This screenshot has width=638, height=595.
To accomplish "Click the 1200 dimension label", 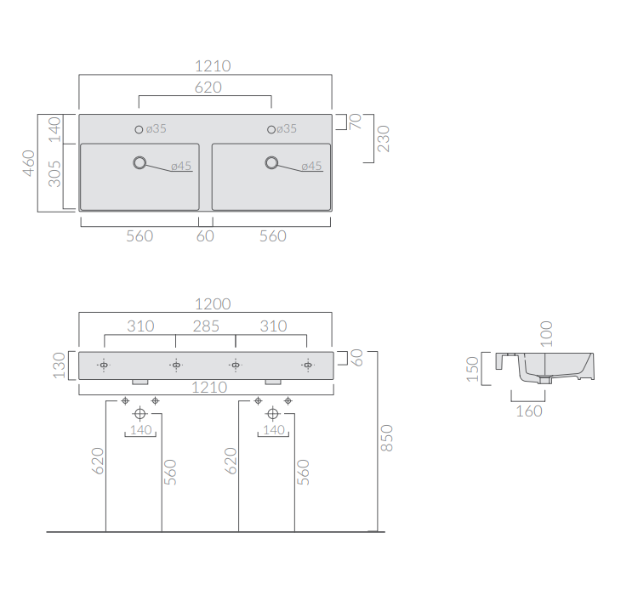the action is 213,303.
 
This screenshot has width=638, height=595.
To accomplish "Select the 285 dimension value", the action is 206,326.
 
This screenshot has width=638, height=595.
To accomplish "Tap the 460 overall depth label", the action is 28,163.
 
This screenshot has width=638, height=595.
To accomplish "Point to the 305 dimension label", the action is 54,173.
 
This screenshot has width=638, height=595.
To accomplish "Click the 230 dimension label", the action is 384,139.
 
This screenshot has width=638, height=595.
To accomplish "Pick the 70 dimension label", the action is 355,122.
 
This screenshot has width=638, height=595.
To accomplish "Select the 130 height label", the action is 59,365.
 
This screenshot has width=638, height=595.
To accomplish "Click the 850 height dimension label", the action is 386,438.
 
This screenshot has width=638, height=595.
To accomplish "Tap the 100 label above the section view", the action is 546,334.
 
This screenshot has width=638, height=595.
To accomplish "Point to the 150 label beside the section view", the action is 472,369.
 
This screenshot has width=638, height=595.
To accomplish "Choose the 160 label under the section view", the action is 529,411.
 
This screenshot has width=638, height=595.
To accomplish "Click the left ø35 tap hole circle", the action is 139,129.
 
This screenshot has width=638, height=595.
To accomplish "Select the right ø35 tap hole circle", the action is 271,129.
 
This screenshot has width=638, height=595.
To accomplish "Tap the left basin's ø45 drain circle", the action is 140,162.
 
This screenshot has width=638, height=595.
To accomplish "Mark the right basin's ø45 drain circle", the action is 271,162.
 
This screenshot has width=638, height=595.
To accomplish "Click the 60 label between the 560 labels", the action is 205,236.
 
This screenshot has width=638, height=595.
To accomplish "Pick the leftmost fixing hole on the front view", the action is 104,365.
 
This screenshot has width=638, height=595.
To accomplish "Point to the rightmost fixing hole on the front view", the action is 308,365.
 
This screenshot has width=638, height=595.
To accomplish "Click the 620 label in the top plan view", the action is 208,88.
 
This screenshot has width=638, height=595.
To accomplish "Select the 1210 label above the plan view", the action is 213,66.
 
